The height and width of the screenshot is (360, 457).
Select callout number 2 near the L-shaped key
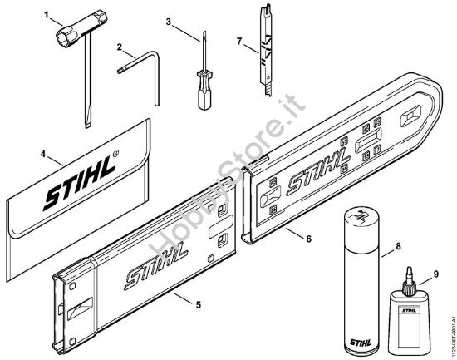pyautogui.click(x=120, y=47)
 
